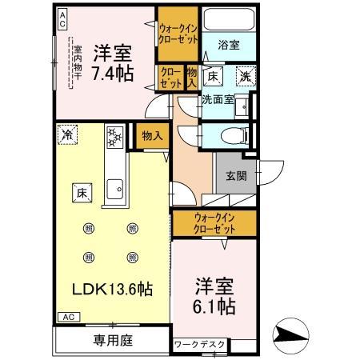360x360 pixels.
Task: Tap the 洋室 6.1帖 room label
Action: (x=214, y=297)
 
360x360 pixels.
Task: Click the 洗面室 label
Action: (x=217, y=101)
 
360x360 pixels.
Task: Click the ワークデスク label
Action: (x=200, y=345)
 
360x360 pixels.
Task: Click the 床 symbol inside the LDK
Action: (x=82, y=192)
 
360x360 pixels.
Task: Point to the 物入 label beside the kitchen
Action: (x=152, y=136)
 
